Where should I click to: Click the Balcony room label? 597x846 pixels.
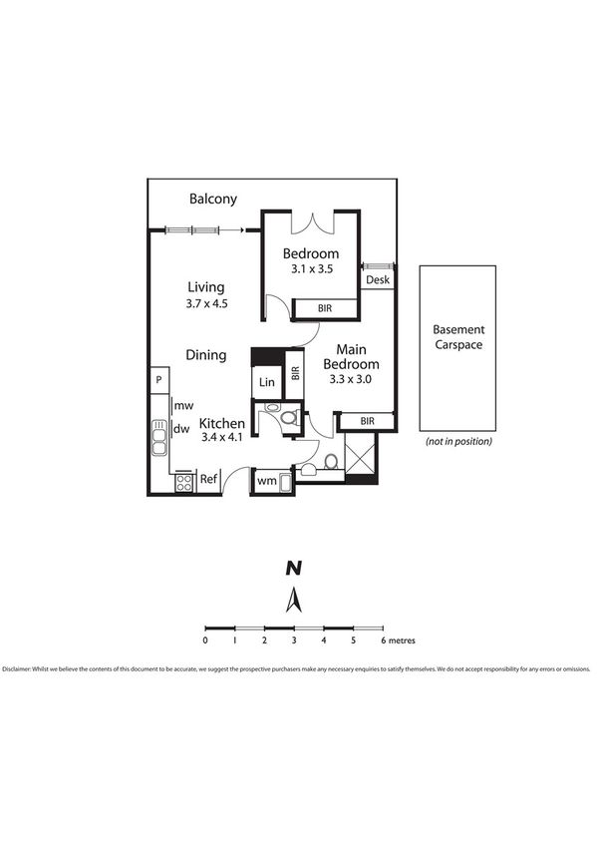[213, 199]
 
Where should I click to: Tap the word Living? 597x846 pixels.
[206, 287]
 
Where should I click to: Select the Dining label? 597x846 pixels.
[206, 355]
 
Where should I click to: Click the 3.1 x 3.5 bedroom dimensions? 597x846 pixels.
[311, 269]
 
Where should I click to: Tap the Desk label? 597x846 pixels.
[378, 280]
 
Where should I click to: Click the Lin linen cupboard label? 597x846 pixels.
[266, 382]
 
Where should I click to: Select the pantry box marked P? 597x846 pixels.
[157, 381]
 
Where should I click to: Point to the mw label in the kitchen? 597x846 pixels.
[183, 406]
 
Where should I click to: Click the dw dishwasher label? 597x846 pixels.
[182, 430]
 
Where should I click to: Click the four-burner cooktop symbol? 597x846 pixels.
[183, 483]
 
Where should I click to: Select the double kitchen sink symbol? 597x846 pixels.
[158, 437]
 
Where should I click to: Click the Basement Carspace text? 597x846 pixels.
[457, 337]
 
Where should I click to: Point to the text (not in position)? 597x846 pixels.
[457, 440]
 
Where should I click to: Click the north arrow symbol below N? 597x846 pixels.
[294, 600]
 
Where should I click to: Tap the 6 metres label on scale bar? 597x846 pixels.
[397, 640]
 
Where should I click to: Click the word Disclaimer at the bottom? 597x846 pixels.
[23, 669]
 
